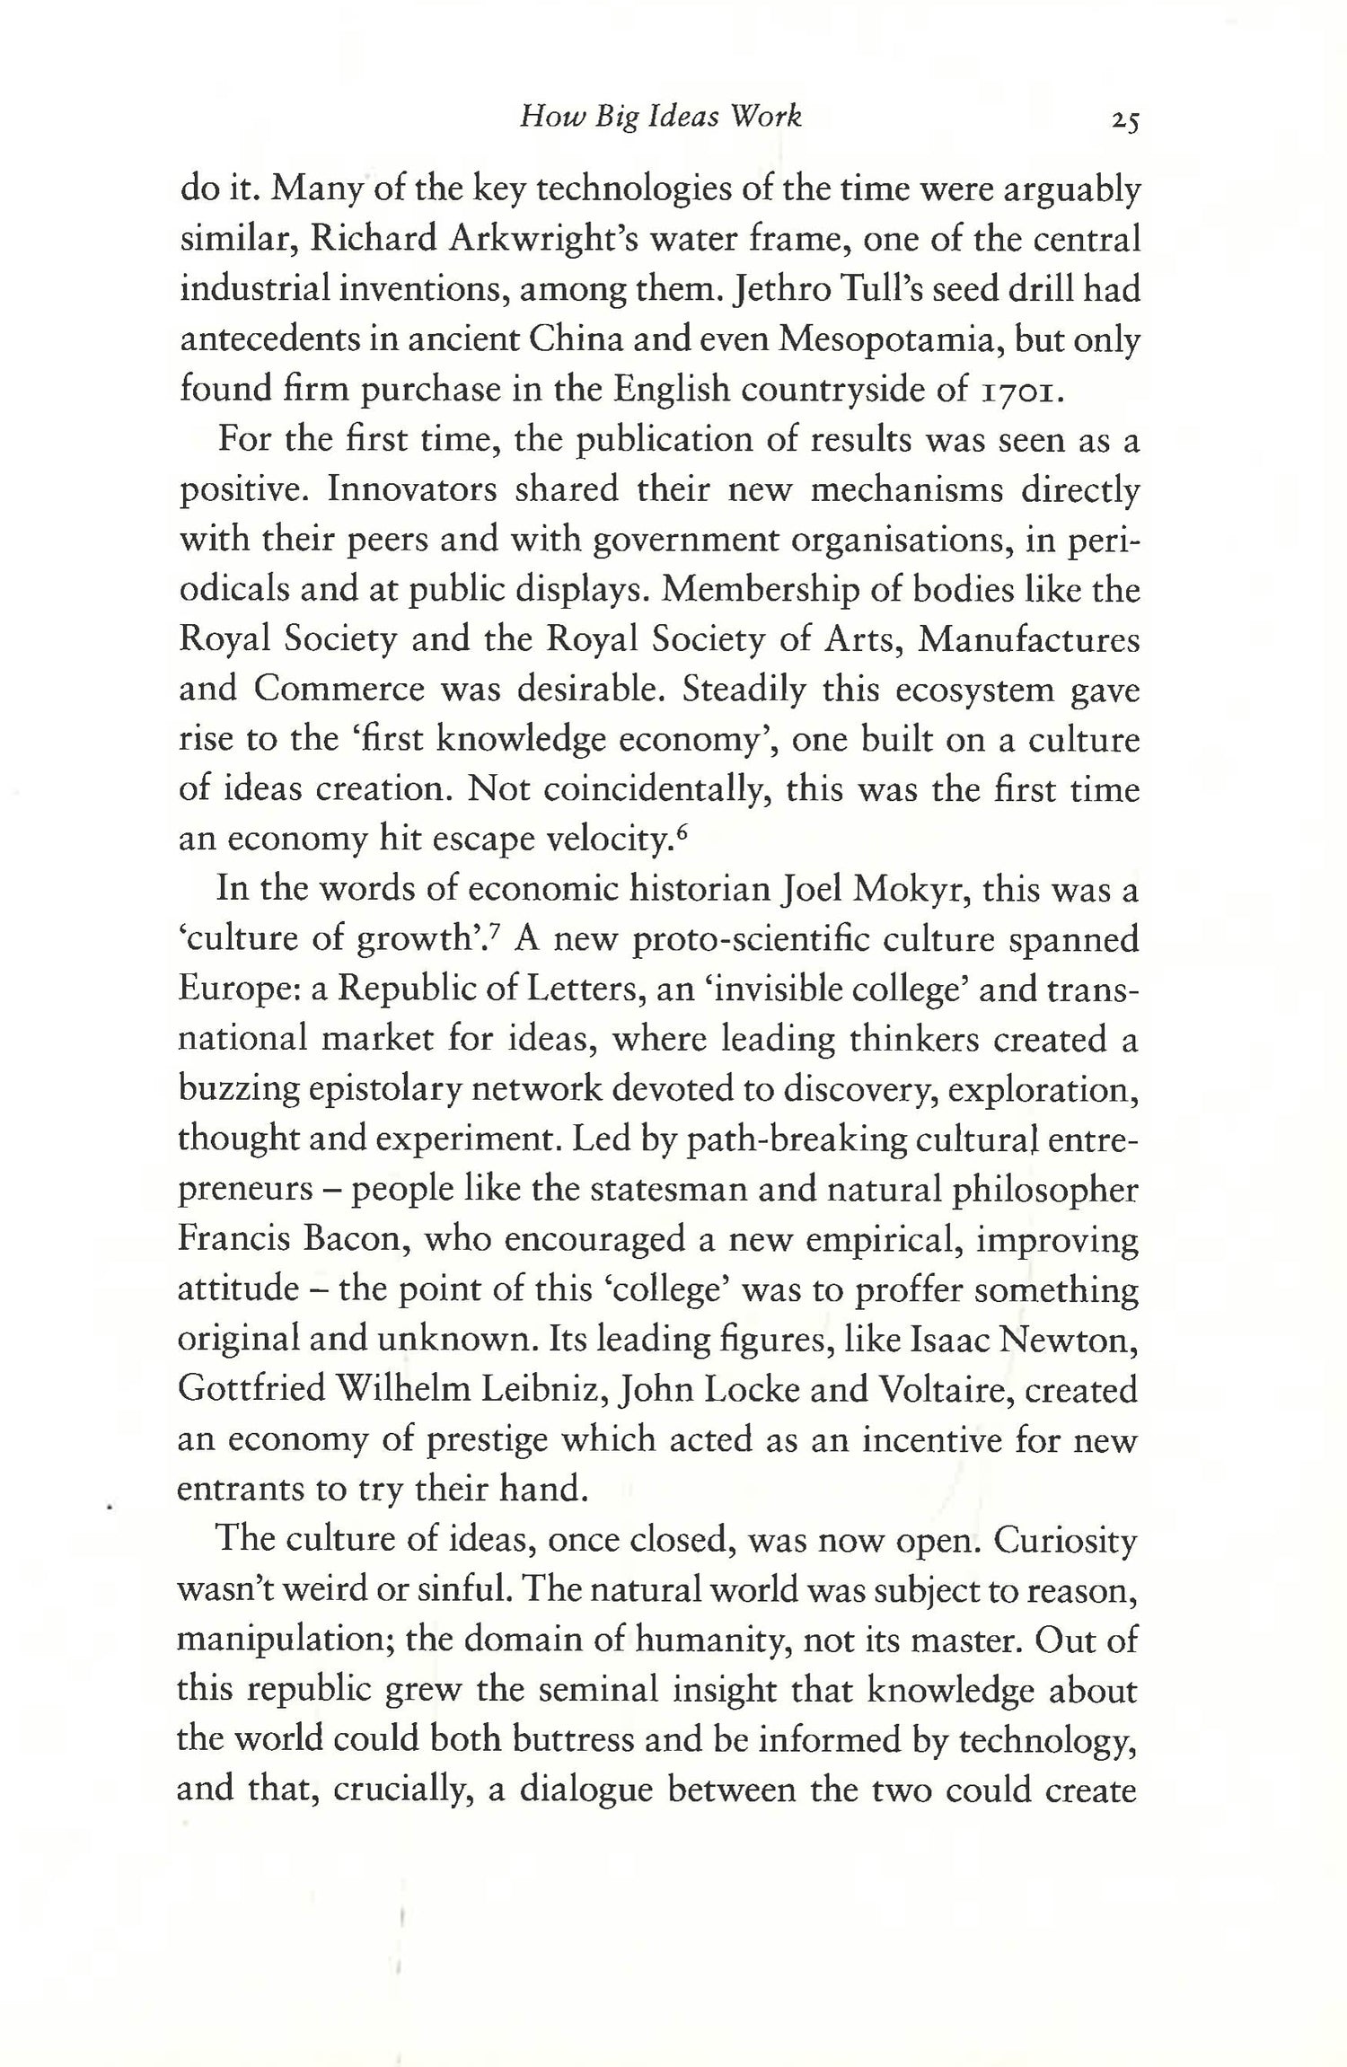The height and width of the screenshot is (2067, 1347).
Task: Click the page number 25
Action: tap(1123, 120)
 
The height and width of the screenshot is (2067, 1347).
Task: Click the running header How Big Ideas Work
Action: tap(660, 117)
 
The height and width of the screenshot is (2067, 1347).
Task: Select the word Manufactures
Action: tap(1029, 639)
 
